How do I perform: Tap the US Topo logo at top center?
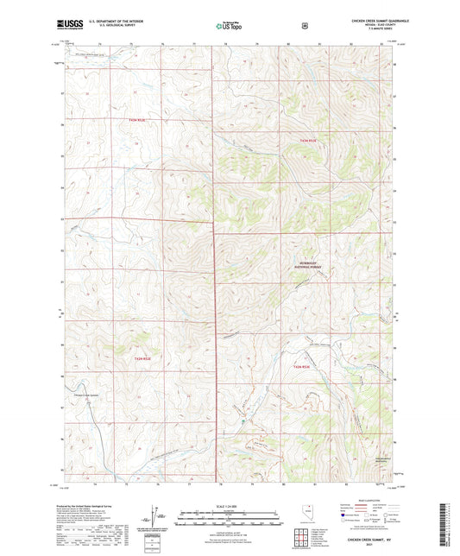(x=230, y=26)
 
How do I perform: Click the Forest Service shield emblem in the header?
(x=304, y=25)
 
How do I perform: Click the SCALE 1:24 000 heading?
(x=229, y=506)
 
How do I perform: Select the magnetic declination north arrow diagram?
(x=156, y=515)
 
